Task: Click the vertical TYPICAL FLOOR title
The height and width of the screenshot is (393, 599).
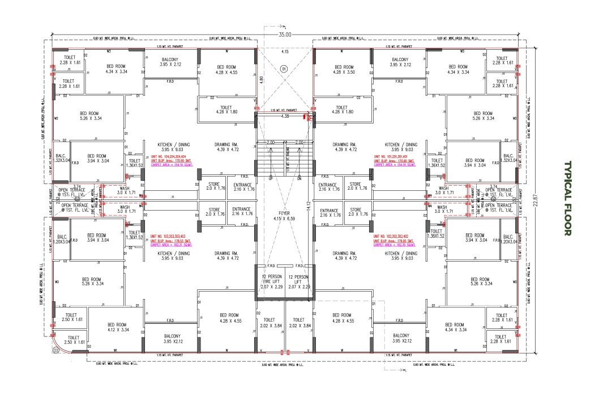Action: pyautogui.click(x=568, y=198)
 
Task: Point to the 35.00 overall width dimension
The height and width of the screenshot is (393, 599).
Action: pyautogui.click(x=285, y=35)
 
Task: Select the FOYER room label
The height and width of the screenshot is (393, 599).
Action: pyautogui.click(x=284, y=216)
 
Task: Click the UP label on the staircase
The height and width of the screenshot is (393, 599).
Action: pyautogui.click(x=271, y=178)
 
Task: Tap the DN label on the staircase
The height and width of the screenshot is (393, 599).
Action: pyautogui.click(x=298, y=178)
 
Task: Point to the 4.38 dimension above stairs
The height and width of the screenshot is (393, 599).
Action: pyautogui.click(x=285, y=117)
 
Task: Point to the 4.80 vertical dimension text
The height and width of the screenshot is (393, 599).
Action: pyautogui.click(x=261, y=80)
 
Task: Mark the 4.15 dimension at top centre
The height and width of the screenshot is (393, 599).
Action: pyautogui.click(x=285, y=52)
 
